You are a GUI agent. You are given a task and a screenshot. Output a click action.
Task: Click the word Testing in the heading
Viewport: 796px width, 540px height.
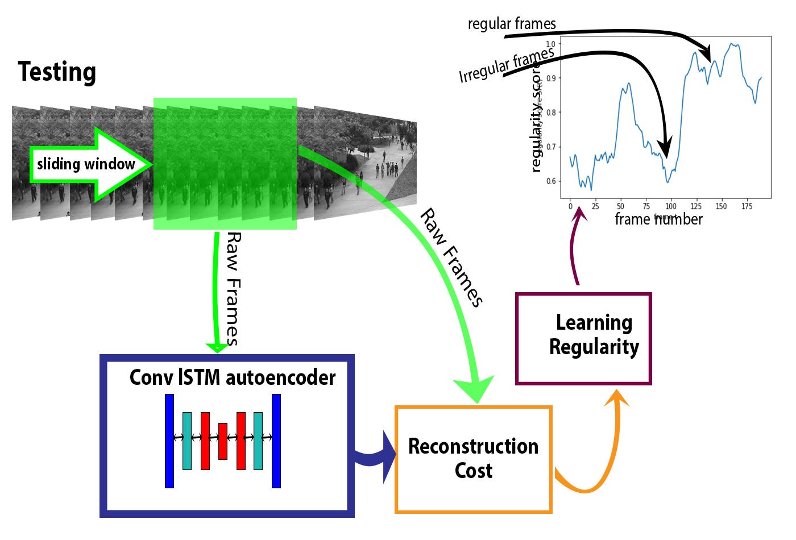[57, 72]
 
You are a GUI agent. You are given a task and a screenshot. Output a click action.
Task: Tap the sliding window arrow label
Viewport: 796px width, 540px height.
[86, 164]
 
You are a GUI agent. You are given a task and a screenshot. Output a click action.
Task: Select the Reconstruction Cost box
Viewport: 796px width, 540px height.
[473, 459]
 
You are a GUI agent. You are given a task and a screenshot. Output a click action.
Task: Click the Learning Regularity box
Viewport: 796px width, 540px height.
[583, 339]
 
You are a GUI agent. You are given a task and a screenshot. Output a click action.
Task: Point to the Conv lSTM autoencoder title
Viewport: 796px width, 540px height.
[233, 377]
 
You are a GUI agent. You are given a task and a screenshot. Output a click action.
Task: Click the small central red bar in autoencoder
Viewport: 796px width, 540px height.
[223, 441]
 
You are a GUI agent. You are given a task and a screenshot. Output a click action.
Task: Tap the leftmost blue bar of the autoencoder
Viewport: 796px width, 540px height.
[169, 441]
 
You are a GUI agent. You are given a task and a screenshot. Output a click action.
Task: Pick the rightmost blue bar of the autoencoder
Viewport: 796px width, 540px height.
[276, 441]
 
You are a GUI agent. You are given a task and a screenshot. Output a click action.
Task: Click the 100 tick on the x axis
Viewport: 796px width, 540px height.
[671, 206]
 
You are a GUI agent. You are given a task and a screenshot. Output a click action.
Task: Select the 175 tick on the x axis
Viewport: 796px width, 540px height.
[747, 206]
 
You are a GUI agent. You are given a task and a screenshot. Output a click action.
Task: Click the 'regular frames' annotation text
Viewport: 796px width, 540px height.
[512, 24]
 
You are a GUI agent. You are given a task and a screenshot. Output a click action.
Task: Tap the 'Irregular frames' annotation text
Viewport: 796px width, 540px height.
[506, 65]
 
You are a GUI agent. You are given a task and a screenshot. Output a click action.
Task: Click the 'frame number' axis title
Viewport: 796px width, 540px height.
[658, 219]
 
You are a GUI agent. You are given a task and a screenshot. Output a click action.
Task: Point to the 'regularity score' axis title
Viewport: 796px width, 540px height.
[536, 122]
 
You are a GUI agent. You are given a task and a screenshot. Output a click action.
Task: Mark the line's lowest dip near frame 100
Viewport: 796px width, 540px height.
[668, 182]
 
